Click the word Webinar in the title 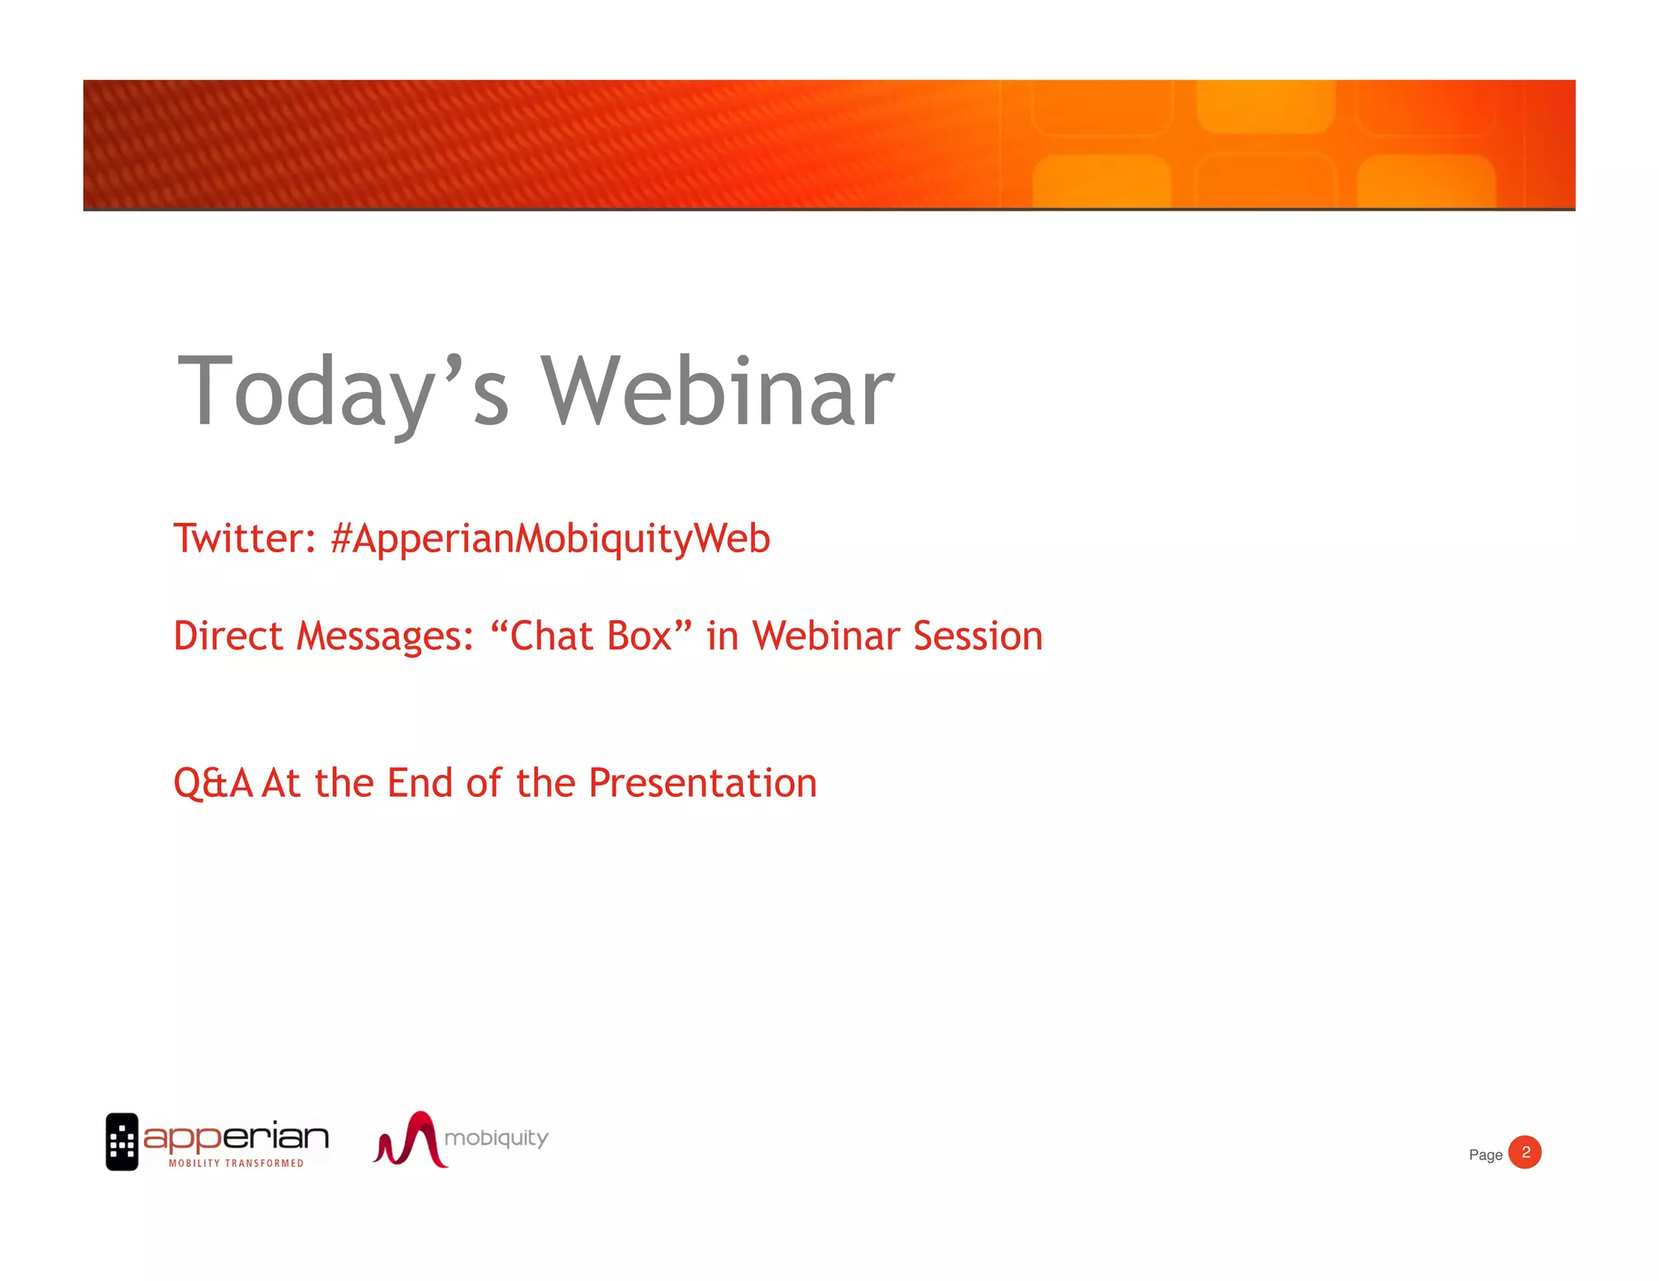717,394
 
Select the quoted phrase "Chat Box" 591,636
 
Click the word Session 978,636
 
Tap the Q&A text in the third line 213,784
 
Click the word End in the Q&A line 420,783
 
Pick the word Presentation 702,784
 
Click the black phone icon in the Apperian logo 122,1142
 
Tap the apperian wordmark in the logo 236,1137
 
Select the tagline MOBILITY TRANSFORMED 236,1164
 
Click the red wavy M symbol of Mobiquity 412,1140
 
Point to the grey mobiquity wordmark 496,1138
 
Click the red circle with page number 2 1525,1152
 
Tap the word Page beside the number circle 1485,1155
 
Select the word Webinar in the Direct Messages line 825,636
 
